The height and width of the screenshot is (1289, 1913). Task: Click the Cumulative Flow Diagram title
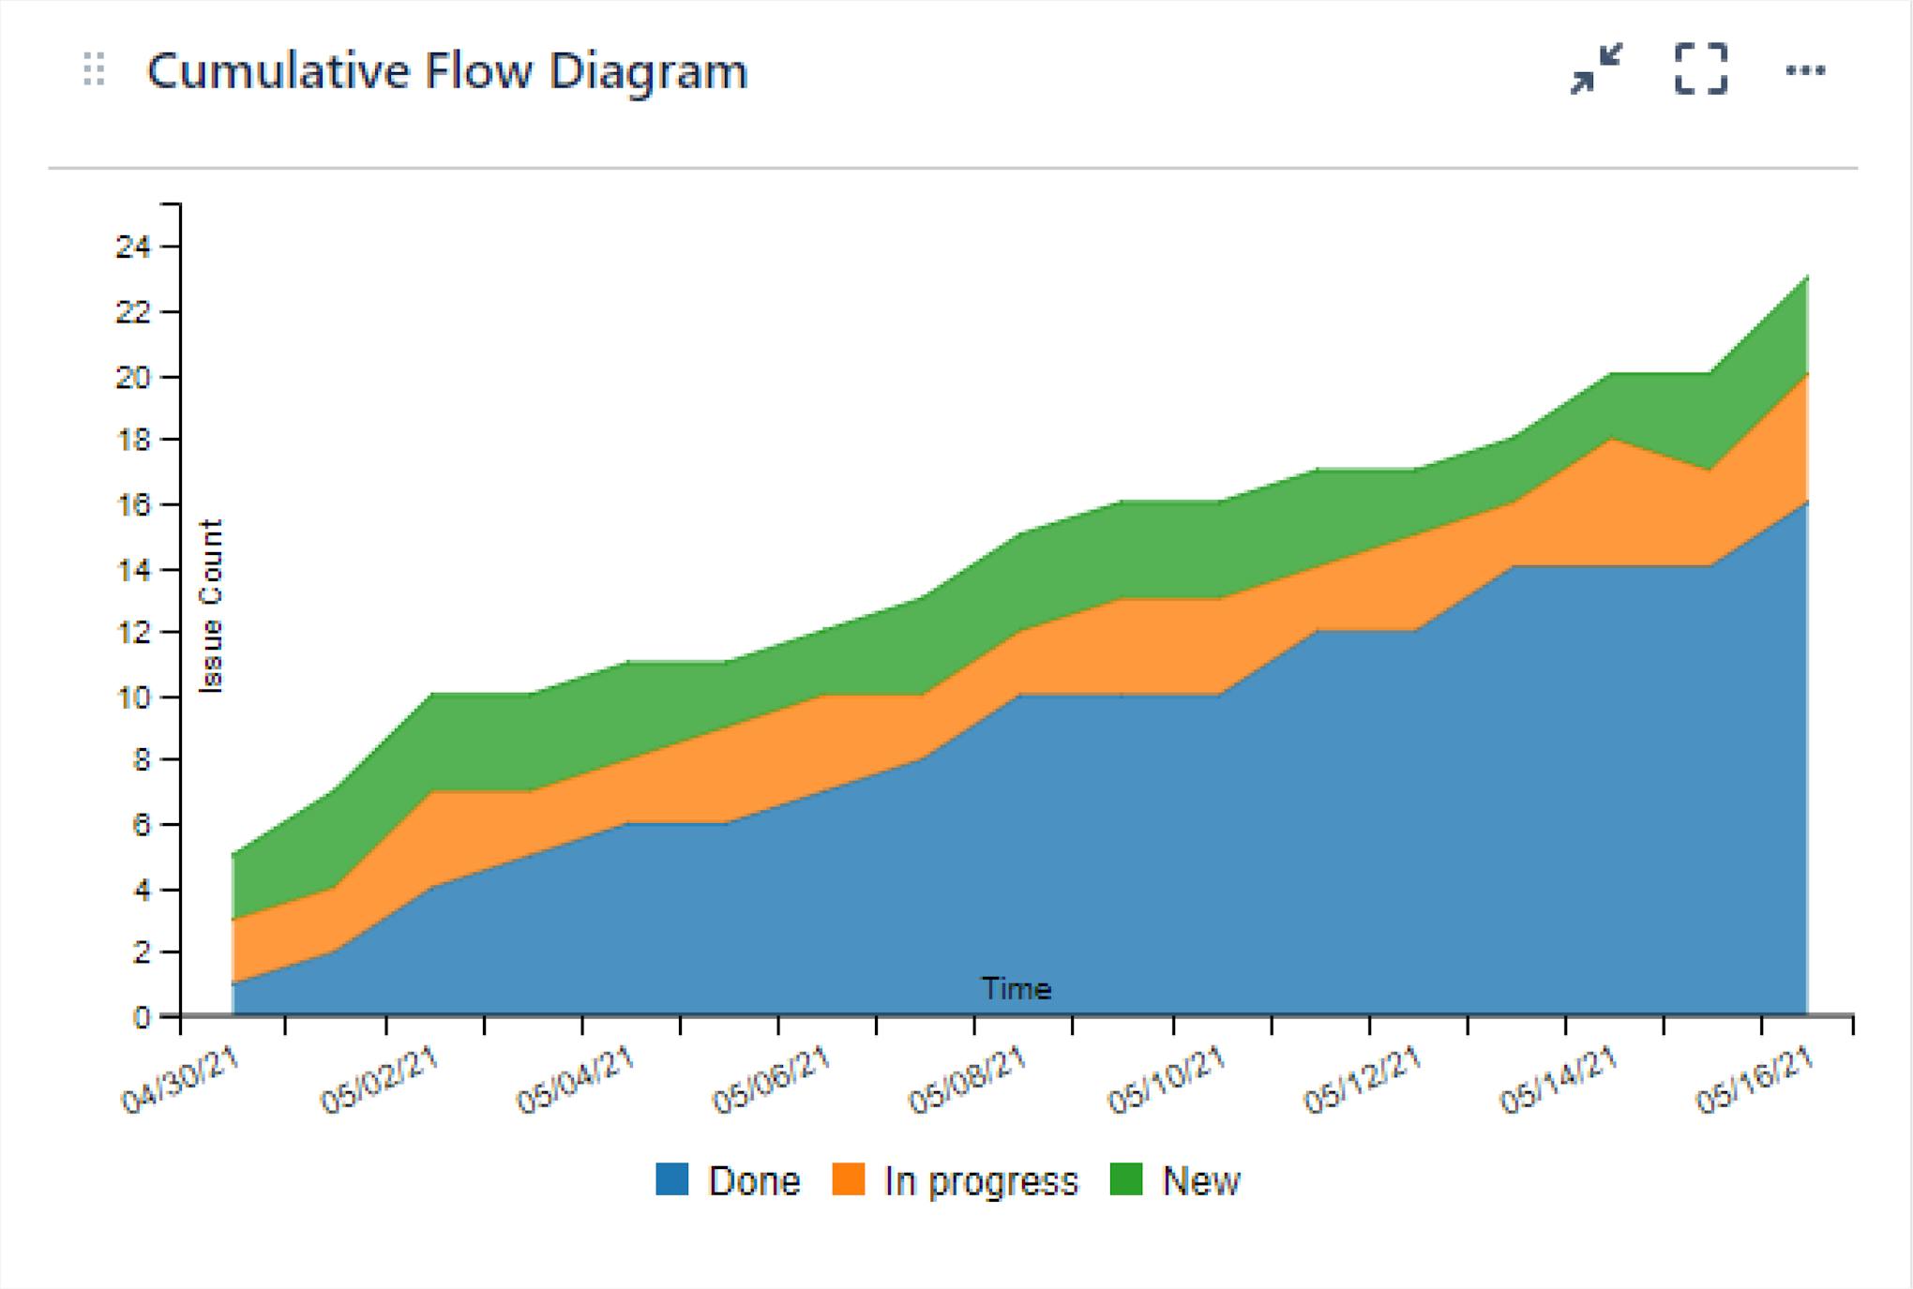pos(447,71)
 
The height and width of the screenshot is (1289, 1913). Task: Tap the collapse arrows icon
pos(1596,69)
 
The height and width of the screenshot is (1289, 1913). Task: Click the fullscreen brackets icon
pos(1701,69)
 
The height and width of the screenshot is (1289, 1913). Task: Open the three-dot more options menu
pos(1805,70)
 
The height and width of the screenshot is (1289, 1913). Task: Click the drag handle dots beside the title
pos(94,70)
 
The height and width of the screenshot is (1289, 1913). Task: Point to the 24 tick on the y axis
pos(133,247)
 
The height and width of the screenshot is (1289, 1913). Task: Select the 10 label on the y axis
pos(133,697)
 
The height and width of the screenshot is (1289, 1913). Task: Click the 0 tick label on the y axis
pos(142,1017)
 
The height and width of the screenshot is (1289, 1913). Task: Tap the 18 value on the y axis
pos(133,440)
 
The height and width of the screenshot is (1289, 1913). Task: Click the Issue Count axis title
pos(212,607)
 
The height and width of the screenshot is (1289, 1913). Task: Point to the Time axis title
pos(1017,989)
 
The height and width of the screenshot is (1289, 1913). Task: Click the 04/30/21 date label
pos(181,1081)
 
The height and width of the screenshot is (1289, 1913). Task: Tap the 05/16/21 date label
pos(1755,1081)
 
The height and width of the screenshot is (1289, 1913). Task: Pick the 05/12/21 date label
pos(1363,1081)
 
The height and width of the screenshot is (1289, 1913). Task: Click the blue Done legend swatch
pos(671,1179)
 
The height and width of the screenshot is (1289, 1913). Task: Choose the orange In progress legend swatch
pos(848,1179)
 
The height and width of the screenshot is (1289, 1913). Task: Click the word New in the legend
pos(1201,1181)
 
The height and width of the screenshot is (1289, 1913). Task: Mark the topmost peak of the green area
pos(1806,277)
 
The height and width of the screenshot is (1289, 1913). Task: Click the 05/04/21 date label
pos(575,1081)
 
